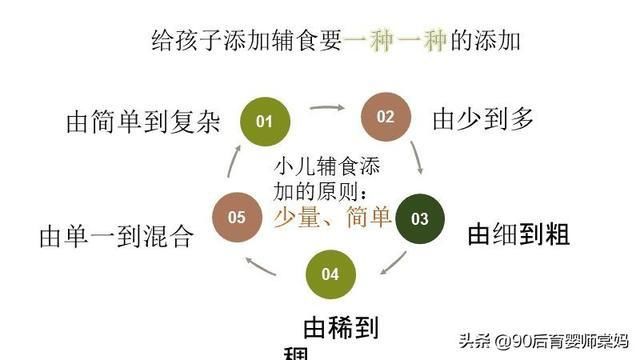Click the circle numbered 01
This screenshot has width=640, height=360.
[x=264, y=122]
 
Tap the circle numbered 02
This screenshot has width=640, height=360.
[x=385, y=116]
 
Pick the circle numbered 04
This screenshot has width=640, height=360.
[x=331, y=273]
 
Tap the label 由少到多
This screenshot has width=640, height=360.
[x=483, y=119]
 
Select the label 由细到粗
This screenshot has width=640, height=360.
[x=519, y=235]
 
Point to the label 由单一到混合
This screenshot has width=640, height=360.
[x=115, y=236]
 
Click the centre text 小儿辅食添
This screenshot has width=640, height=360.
[x=324, y=166]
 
